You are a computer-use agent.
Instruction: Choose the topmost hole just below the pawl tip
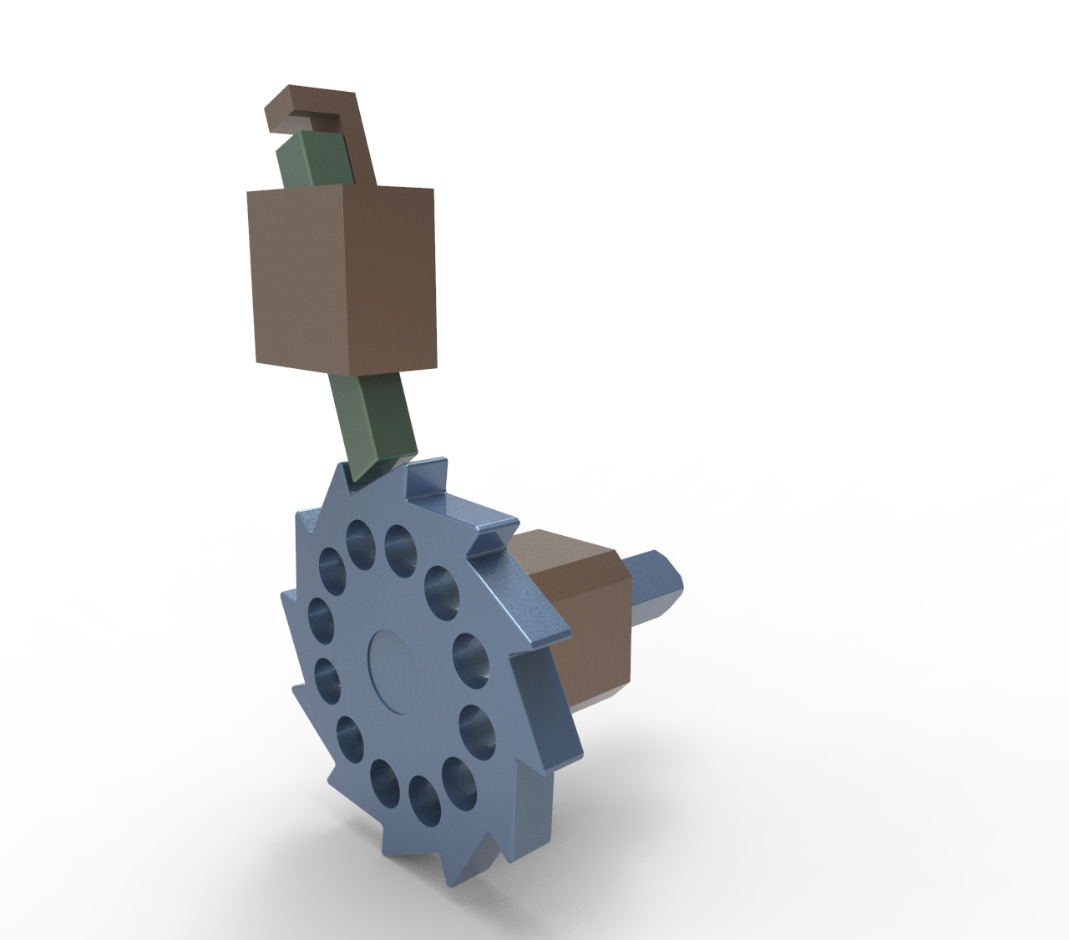[360, 538]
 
